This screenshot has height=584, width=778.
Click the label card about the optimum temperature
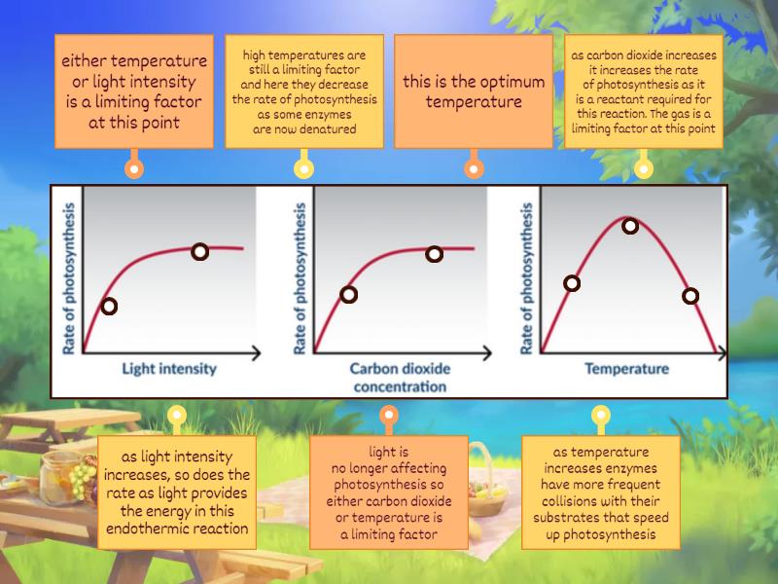474,91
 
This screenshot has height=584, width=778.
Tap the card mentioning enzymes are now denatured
304,91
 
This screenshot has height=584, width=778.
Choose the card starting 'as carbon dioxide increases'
644,91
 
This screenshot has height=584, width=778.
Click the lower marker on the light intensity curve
110,306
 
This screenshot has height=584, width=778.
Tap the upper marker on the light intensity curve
199,252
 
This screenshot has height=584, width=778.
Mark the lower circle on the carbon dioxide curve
348,294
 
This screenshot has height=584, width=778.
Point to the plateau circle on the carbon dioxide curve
434,254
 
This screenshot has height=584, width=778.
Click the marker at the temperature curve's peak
630,227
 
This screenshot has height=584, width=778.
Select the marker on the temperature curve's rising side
572,283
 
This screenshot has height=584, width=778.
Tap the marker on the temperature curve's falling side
690,296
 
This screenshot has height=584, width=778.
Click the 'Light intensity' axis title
169,369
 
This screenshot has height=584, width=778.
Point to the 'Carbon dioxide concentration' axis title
398,377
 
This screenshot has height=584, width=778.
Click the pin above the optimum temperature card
474,167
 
